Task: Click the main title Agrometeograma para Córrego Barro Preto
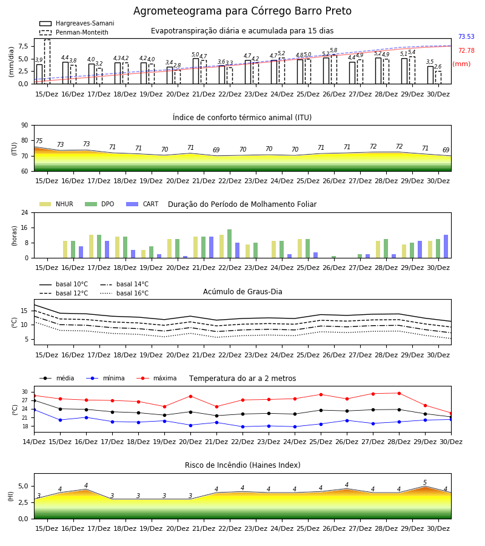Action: (x=242, y=11)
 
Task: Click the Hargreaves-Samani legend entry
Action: (x=77, y=23)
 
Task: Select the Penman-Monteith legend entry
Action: (x=74, y=32)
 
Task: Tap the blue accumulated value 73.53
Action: (x=466, y=36)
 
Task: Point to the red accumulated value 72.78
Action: (x=466, y=50)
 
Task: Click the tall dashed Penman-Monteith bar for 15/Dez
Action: (x=47, y=62)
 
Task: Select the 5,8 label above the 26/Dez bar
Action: (x=333, y=50)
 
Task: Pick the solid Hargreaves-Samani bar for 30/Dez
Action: (x=430, y=75)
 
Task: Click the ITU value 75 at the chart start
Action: (x=39, y=141)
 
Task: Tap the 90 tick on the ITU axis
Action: (x=25, y=126)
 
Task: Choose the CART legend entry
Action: (x=142, y=204)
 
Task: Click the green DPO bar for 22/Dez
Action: (x=230, y=244)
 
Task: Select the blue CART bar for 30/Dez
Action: (x=446, y=246)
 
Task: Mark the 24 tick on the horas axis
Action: (x=25, y=212)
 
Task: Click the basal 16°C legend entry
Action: (x=124, y=293)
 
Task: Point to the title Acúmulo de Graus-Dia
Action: (x=242, y=292)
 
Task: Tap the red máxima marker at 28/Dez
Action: (x=399, y=394)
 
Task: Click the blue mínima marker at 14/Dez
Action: (x=34, y=410)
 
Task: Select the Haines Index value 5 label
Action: (x=425, y=483)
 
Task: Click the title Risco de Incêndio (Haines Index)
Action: (x=242, y=465)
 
